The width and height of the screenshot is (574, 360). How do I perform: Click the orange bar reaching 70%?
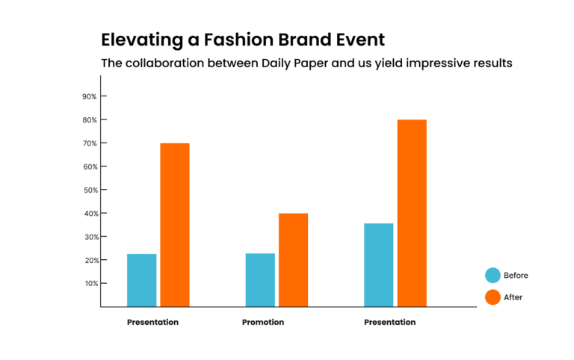click(x=175, y=225)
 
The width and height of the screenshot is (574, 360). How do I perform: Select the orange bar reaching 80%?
click(x=412, y=213)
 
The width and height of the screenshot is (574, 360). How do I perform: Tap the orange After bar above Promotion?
click(x=293, y=260)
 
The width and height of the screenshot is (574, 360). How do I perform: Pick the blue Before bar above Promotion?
click(x=260, y=280)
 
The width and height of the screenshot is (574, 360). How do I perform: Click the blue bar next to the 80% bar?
click(x=378, y=265)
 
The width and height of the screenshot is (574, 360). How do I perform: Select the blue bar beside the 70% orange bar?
click(x=142, y=280)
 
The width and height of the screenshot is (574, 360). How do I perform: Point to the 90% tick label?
click(x=90, y=96)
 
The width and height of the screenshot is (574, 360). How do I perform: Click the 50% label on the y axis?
click(x=90, y=190)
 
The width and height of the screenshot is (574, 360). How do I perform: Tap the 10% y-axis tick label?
click(x=91, y=284)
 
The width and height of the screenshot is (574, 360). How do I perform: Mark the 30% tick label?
click(x=90, y=237)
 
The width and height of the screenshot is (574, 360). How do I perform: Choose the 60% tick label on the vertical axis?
click(x=90, y=167)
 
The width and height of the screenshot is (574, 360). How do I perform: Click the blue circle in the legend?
click(x=493, y=276)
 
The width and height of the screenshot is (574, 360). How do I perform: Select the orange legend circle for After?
click(x=493, y=297)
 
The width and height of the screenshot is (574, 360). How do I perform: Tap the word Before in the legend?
click(x=516, y=276)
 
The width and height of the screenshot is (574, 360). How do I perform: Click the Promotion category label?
click(x=263, y=323)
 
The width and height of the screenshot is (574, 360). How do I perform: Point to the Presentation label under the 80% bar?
click(x=389, y=323)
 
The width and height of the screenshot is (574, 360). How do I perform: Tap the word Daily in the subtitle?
click(x=276, y=63)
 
